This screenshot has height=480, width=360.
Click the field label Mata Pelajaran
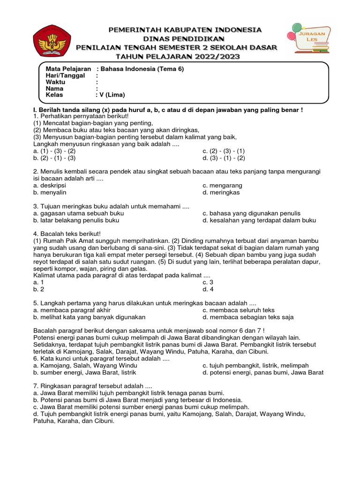(68, 68)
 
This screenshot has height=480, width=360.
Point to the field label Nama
(54, 88)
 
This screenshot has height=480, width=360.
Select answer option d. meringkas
(221, 192)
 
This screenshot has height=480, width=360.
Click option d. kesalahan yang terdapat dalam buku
(259, 220)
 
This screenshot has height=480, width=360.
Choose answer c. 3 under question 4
(208, 282)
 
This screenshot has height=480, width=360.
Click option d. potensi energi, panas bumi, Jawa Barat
(263, 372)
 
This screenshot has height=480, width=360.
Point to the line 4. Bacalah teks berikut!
(67, 233)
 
